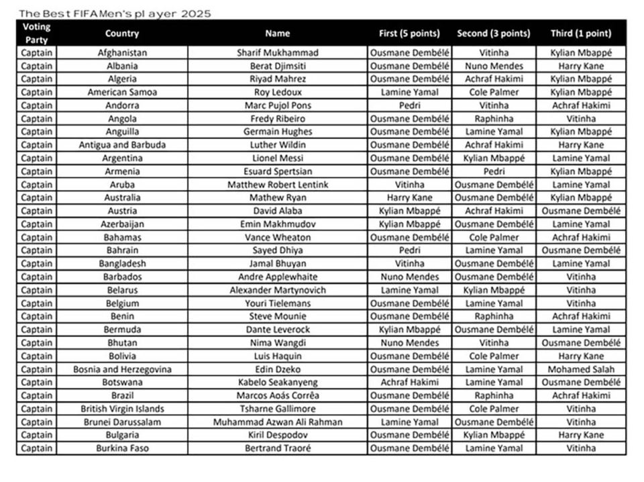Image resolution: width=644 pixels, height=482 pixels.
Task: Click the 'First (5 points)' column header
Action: (409, 34)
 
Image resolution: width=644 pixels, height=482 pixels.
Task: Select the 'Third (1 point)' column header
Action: (581, 34)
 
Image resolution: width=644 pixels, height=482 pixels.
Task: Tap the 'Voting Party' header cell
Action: (36, 33)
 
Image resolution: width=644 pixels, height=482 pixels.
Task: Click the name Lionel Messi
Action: (277, 158)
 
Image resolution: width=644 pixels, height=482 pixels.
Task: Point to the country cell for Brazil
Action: (122, 395)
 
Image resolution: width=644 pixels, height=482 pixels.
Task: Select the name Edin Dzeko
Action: (277, 369)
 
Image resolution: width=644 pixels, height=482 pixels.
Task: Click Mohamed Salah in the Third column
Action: (581, 369)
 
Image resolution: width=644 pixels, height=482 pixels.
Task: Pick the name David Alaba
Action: (277, 211)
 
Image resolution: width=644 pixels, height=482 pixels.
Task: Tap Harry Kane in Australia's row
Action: (409, 198)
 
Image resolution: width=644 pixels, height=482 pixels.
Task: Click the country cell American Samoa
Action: (122, 92)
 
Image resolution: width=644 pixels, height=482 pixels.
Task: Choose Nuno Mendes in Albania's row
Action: (494, 66)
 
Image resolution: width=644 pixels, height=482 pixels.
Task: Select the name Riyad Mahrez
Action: (277, 79)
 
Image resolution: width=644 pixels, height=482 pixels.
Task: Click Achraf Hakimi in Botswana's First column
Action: (409, 382)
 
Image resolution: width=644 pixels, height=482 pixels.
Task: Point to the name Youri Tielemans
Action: (277, 303)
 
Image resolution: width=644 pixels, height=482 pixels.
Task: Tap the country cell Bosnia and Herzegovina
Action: (122, 369)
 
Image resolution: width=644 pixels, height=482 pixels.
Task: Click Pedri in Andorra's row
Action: (409, 105)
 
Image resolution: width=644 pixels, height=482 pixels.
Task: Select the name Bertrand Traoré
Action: (277, 448)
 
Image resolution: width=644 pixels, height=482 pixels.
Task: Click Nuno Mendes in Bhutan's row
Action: (409, 342)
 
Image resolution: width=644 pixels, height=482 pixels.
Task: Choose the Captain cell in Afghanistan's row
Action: (36, 52)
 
